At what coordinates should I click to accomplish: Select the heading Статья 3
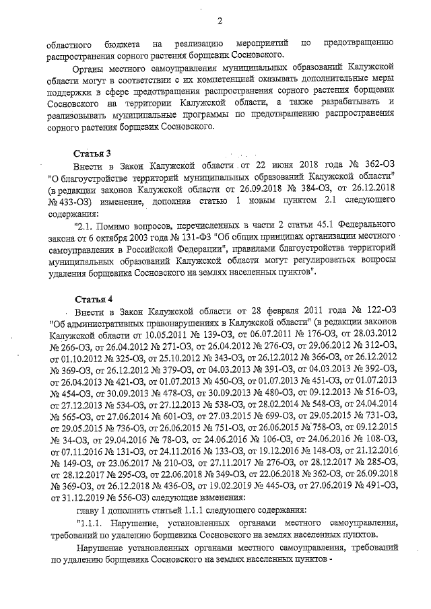coord(91,151)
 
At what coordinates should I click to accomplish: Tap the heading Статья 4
coord(91,298)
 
